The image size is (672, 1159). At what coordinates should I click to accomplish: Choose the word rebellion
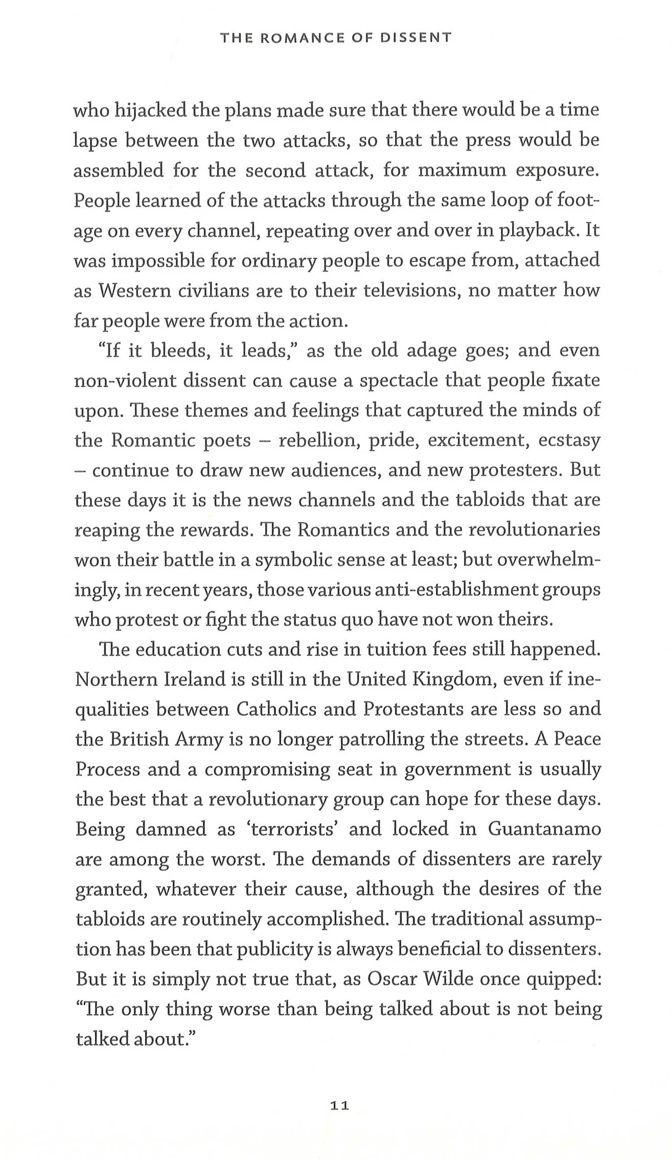[x=316, y=441]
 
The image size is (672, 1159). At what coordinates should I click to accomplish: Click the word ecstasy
[x=569, y=441]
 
